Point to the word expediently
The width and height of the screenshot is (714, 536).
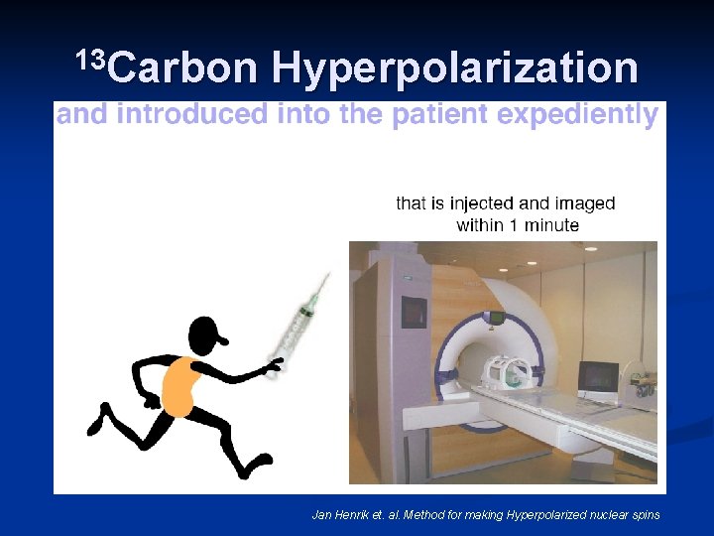coord(577,116)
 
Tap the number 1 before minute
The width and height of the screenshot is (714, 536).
coord(514,225)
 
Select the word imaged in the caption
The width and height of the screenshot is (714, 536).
coord(581,204)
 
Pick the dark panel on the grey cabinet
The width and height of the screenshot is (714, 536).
coord(414,312)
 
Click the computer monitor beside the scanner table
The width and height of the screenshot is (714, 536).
coord(597,376)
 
